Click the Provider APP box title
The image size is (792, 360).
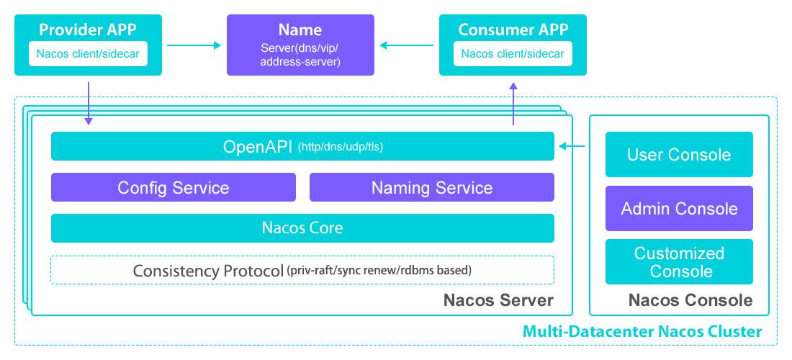(x=88, y=30)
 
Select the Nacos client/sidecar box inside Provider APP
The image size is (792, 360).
(x=88, y=53)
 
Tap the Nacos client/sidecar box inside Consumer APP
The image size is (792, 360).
(x=513, y=53)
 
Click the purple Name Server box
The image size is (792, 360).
(x=300, y=45)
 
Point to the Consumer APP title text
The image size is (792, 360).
(x=513, y=30)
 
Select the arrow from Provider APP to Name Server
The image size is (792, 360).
(x=194, y=45)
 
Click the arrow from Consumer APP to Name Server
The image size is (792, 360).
(x=406, y=45)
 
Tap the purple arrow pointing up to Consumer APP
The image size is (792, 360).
(x=513, y=104)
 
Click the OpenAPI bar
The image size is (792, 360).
(x=302, y=146)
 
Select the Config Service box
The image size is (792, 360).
(x=173, y=187)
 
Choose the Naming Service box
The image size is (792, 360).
(x=432, y=187)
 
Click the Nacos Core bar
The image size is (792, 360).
(x=302, y=228)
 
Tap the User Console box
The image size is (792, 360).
(x=679, y=154)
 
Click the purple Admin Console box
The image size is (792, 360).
(x=679, y=209)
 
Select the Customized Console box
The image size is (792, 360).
(x=679, y=262)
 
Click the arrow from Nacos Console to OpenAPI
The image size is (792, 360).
(x=573, y=146)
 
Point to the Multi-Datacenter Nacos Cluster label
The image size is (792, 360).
(x=642, y=332)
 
